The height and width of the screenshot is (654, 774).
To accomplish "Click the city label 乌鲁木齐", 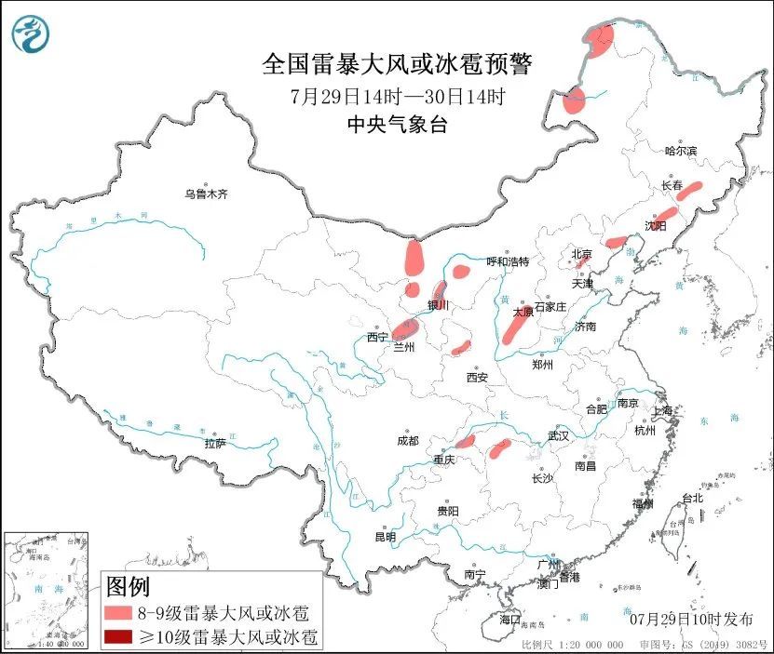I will [x=205, y=194].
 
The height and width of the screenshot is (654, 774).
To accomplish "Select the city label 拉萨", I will [x=215, y=444].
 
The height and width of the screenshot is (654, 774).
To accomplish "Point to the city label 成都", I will [x=407, y=440].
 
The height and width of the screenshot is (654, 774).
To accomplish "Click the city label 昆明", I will [x=385, y=537].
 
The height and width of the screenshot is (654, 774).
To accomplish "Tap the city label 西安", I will [x=478, y=377].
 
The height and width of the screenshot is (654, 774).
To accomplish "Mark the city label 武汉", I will [x=559, y=435].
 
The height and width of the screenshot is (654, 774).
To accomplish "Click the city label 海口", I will [x=509, y=619].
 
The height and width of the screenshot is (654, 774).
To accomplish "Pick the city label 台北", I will [x=692, y=498].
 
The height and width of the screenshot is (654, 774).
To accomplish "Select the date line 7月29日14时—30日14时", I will [x=398, y=96].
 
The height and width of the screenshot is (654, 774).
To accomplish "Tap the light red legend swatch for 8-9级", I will [x=118, y=613].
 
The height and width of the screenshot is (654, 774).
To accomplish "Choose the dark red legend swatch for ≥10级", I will [x=118, y=637].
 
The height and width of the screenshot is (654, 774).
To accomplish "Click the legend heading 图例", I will [x=128, y=588].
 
